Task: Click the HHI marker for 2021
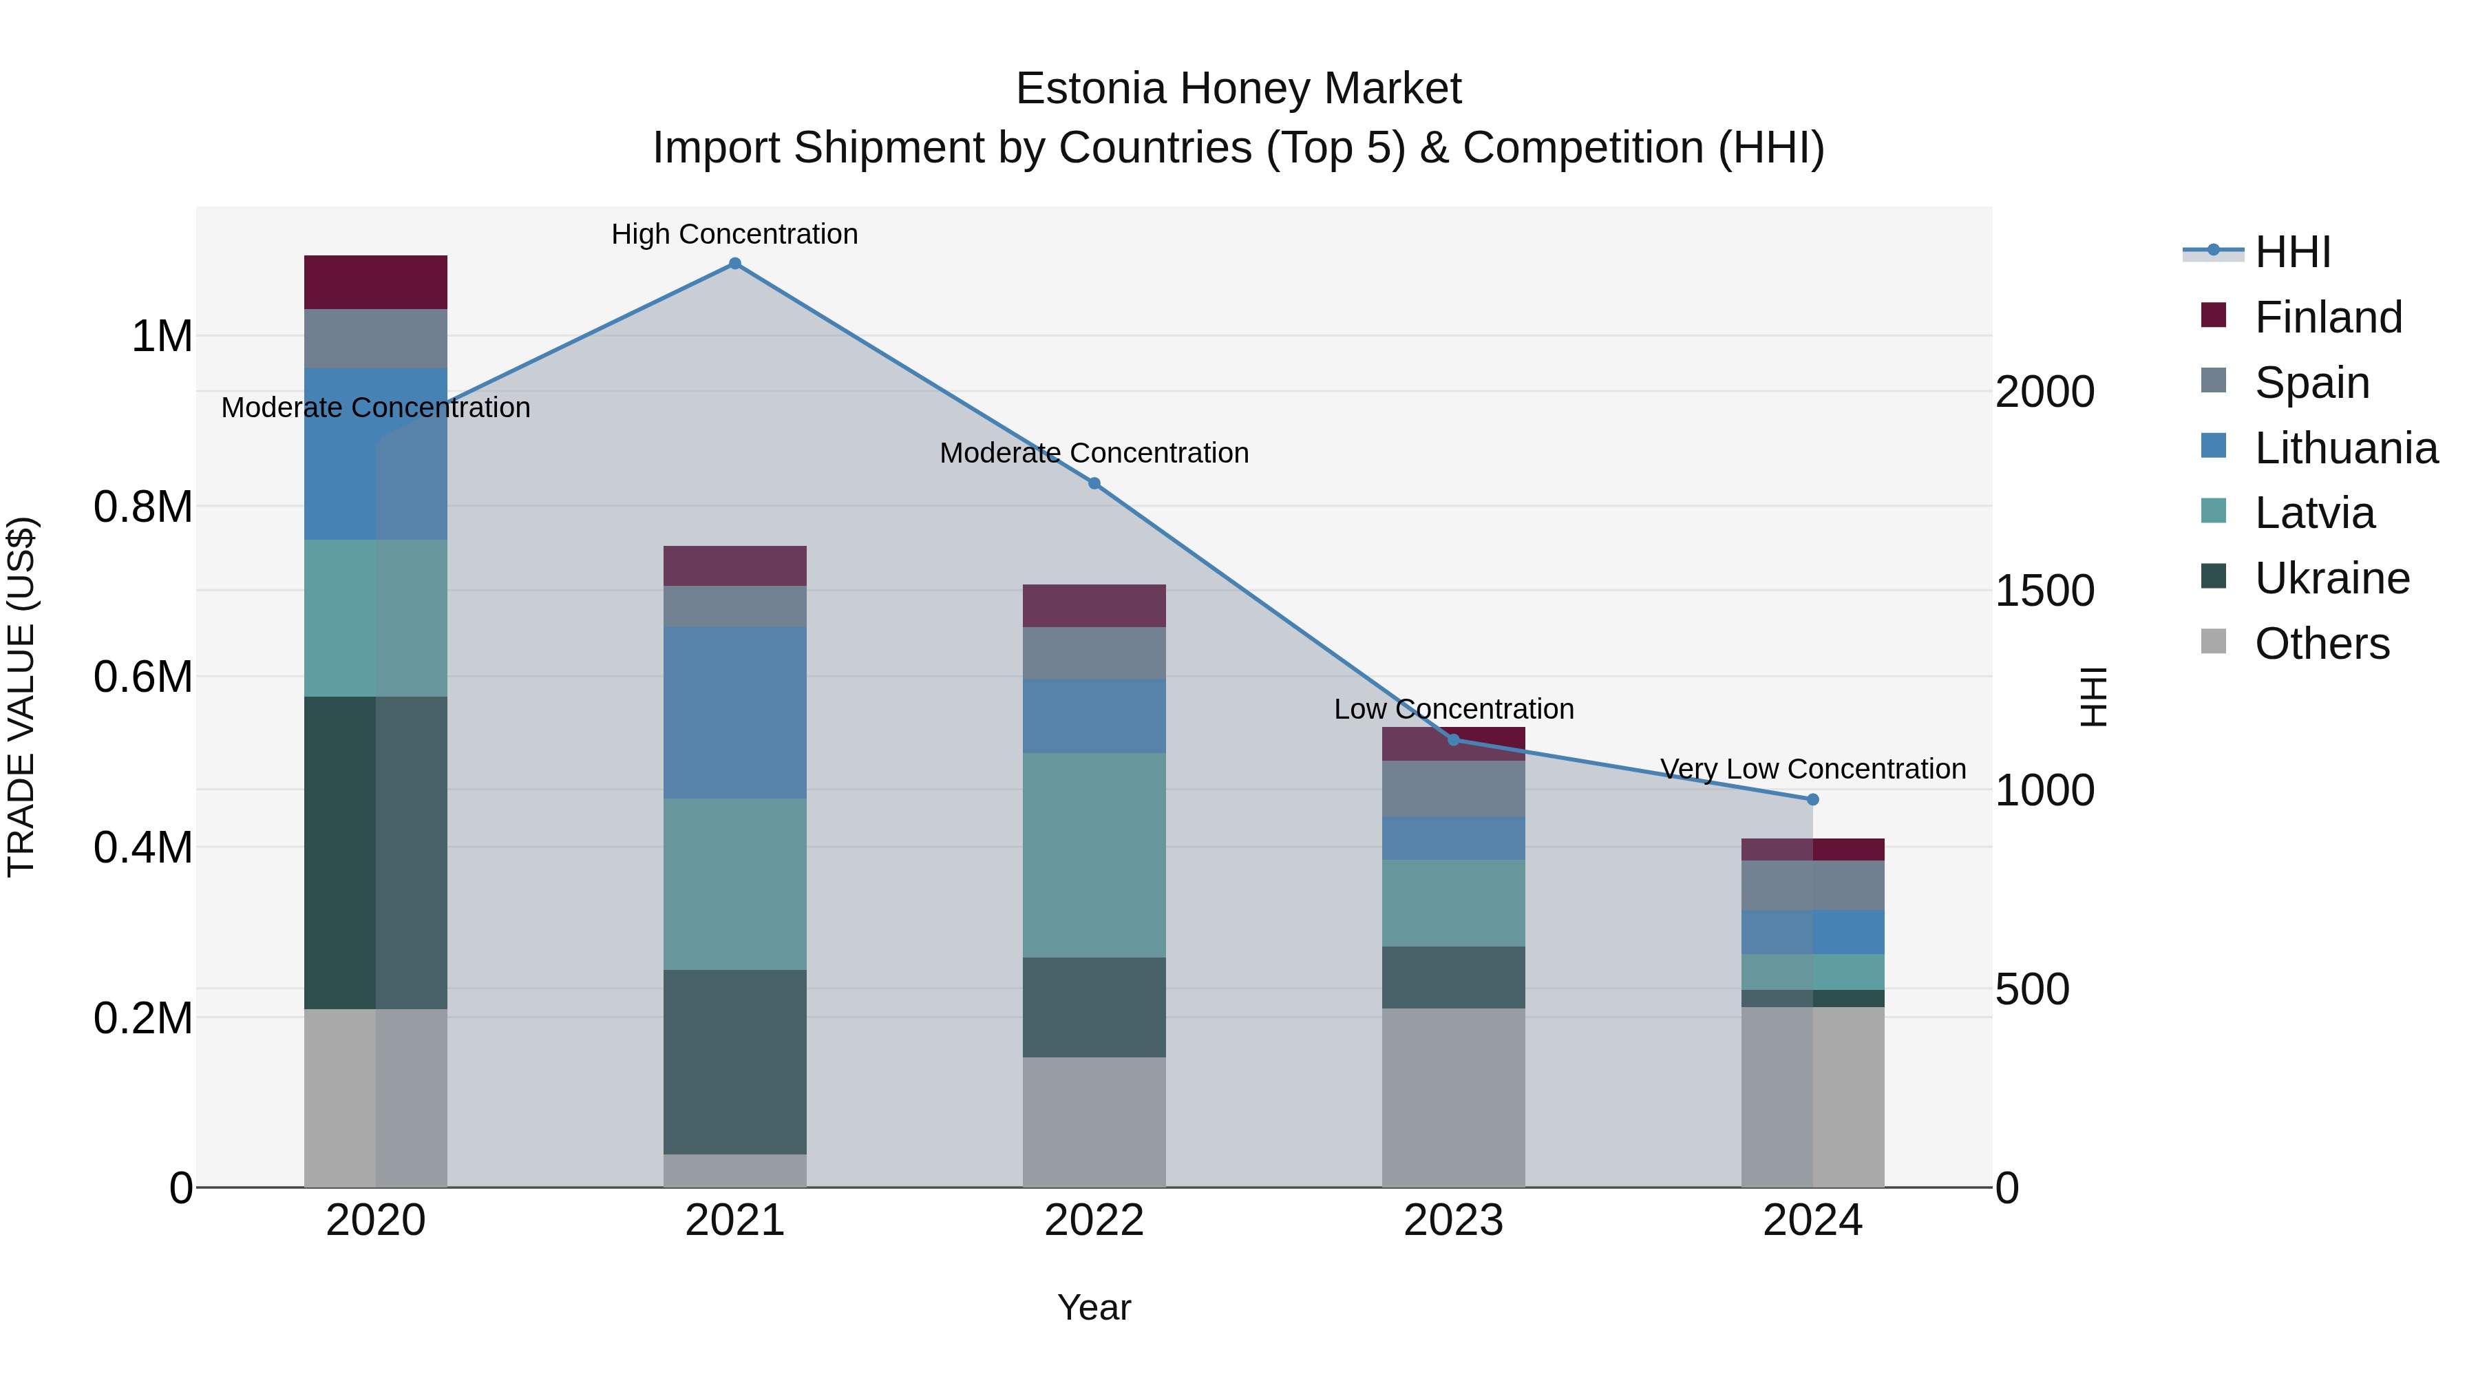(735, 264)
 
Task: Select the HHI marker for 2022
(1094, 483)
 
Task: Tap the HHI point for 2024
(1812, 799)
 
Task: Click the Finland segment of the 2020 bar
(375, 282)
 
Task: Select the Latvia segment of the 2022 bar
(1094, 854)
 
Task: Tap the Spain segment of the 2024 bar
(1812, 885)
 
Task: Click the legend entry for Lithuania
(2344, 448)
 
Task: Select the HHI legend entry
(2291, 252)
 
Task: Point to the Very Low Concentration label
(1812, 769)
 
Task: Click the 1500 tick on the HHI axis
(2044, 591)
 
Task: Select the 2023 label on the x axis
(1452, 1221)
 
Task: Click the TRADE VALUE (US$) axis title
(21, 697)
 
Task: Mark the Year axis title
(1094, 1307)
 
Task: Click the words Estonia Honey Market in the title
(1238, 89)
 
